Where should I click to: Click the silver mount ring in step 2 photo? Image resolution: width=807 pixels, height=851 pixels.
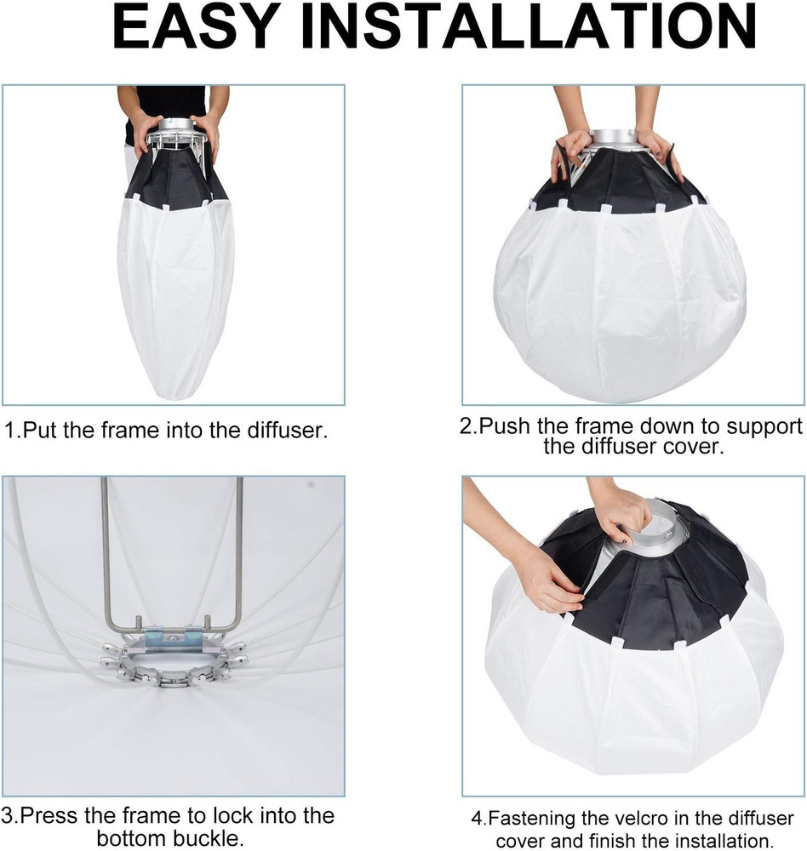[615, 139]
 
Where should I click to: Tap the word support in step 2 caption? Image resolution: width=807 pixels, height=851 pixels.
[761, 425]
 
